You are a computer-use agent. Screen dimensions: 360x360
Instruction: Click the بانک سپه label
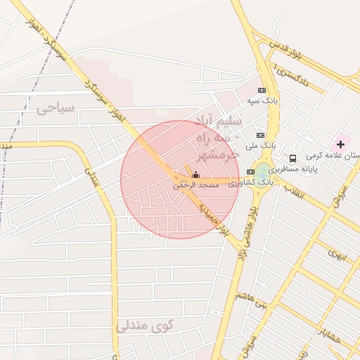click(x=262, y=101)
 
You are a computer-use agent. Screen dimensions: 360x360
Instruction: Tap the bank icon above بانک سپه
click(x=262, y=91)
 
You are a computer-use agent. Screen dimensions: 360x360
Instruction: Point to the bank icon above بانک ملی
click(x=261, y=135)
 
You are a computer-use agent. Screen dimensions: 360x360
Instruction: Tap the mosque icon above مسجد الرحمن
click(x=195, y=174)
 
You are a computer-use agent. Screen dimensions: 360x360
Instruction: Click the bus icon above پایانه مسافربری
click(x=292, y=158)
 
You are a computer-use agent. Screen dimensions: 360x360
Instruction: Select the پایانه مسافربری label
click(x=293, y=169)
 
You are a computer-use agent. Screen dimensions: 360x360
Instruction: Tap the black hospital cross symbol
click(x=340, y=143)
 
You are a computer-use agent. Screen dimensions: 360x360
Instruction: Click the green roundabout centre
click(x=262, y=171)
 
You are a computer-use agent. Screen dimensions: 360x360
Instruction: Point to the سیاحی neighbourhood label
click(x=55, y=109)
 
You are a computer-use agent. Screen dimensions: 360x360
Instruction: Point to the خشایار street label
click(x=328, y=335)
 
